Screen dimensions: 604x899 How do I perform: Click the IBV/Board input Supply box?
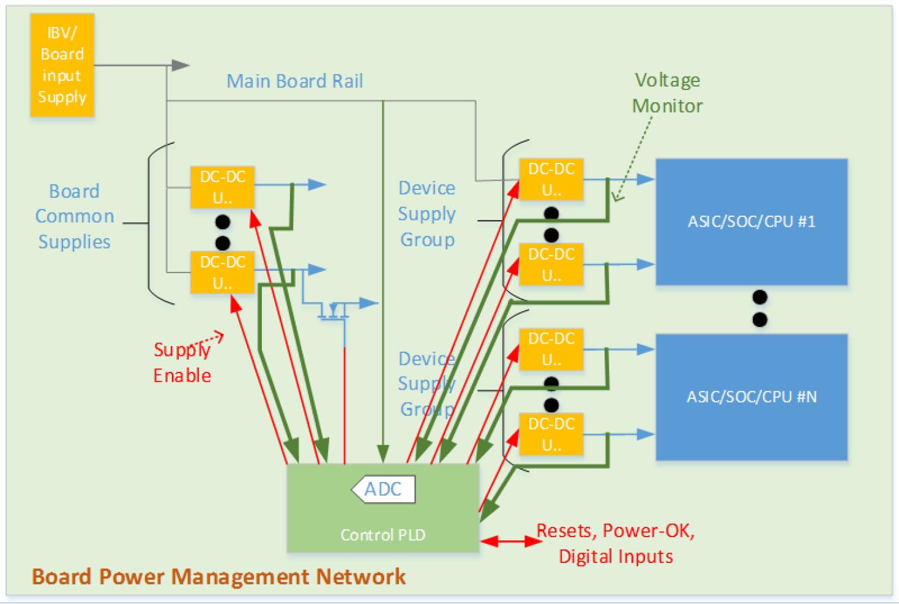coord(62,65)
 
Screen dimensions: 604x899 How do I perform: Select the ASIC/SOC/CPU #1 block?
coord(751,222)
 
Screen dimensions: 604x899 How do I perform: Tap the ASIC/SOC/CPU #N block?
coord(751,397)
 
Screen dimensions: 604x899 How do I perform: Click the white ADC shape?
coord(384,489)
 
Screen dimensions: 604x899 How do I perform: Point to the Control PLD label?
coord(382,535)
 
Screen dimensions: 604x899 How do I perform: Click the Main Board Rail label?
coord(294,81)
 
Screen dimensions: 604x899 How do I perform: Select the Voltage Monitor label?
coord(667,93)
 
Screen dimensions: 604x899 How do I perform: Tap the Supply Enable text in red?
coord(182,363)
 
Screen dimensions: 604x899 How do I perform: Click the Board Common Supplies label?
coord(74,216)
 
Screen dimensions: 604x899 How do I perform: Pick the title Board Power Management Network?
coord(218,577)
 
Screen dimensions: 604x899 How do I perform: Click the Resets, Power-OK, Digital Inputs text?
coord(616,543)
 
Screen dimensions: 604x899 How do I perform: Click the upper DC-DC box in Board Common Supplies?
coord(222,187)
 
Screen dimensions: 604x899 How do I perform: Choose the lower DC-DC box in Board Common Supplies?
coord(222,272)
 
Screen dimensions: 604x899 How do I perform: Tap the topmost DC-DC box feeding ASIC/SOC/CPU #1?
coord(551,179)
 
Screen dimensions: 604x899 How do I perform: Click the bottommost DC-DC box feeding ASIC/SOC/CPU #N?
coord(551,434)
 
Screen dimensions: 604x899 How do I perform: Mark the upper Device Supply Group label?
coord(427,214)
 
